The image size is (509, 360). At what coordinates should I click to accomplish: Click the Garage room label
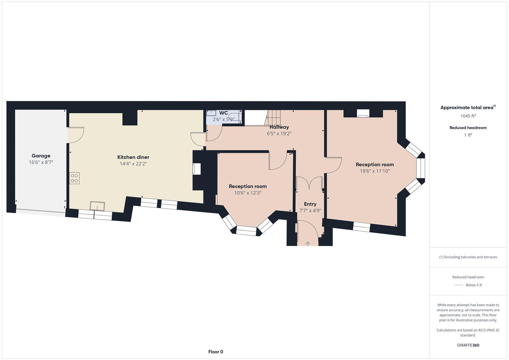coord(41,156)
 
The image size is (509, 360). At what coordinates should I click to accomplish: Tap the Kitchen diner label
coord(133,157)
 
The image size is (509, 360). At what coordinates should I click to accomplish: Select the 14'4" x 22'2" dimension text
coord(133,164)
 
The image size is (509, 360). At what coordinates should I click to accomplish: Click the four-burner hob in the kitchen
coord(74,178)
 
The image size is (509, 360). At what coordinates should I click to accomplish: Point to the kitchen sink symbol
coord(97,206)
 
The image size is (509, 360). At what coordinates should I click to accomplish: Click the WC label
coord(223,113)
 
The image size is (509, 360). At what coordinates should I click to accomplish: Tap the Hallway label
coord(279,127)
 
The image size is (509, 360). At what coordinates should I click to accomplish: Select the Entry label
coord(310,204)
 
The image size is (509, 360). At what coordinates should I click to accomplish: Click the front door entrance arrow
coord(308,244)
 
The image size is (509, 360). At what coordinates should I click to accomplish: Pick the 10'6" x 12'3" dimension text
coord(248,193)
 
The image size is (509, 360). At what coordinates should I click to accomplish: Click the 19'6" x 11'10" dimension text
coord(375,171)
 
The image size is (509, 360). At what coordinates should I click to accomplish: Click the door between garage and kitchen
coord(75,135)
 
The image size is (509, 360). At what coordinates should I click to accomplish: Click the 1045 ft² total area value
coord(468,116)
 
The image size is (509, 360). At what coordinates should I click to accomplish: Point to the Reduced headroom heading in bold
coord(468,128)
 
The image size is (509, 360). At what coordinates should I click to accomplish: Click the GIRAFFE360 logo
coord(468,345)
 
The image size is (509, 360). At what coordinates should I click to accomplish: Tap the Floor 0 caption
coord(216,352)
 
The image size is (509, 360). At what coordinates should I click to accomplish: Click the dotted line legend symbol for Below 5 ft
coord(459,285)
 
